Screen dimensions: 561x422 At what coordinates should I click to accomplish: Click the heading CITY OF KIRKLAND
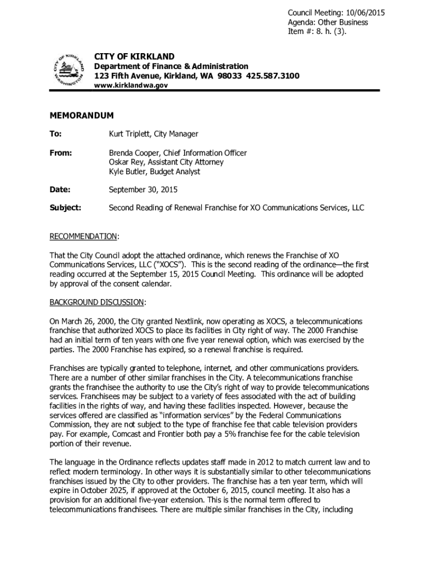pyautogui.click(x=134, y=56)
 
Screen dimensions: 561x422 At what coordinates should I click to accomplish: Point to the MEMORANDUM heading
pyautogui.click(x=82, y=116)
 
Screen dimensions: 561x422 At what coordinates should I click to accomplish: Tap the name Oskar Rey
pyautogui.click(x=124, y=162)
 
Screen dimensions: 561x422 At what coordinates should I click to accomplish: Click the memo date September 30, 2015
pyautogui.click(x=143, y=190)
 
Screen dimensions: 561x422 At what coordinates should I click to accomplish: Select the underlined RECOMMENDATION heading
pyautogui.click(x=83, y=236)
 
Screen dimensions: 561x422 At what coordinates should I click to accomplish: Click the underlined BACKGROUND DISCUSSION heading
pyautogui.click(x=97, y=302)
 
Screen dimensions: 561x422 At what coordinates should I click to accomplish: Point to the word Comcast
pyautogui.click(x=121, y=434)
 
